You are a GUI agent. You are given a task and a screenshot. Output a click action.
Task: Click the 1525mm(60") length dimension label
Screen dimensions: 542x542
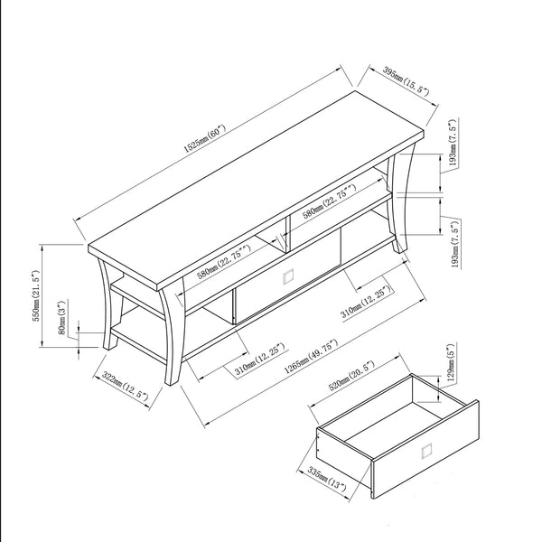204,139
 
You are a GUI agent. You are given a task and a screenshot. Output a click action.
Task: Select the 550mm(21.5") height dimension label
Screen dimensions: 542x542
37,296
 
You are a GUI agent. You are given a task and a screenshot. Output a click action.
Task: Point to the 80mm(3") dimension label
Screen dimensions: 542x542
61,317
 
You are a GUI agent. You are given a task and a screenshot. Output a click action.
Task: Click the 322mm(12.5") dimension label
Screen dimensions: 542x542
126,386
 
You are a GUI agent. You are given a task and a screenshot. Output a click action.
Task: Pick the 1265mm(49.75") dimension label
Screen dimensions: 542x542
311,357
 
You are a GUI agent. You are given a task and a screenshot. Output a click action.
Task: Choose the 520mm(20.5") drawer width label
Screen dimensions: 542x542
351,376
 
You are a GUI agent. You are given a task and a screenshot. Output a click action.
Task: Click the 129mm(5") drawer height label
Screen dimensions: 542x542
451,362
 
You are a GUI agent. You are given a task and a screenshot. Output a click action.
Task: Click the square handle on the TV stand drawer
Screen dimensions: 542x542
288,276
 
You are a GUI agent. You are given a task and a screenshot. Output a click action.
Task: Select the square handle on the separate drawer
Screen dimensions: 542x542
426,452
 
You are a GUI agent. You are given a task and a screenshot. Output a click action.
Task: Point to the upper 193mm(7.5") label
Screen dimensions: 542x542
453,143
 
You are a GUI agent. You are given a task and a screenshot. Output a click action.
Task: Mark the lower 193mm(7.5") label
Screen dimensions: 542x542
455,245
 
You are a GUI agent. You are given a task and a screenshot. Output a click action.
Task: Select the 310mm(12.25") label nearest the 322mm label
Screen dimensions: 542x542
260,360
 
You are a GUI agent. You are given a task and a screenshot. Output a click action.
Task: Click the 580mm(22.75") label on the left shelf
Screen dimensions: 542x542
224,262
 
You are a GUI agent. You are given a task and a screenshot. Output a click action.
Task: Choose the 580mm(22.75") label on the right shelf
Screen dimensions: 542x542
330,201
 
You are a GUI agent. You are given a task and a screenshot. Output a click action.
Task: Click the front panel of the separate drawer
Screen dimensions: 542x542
425,449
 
